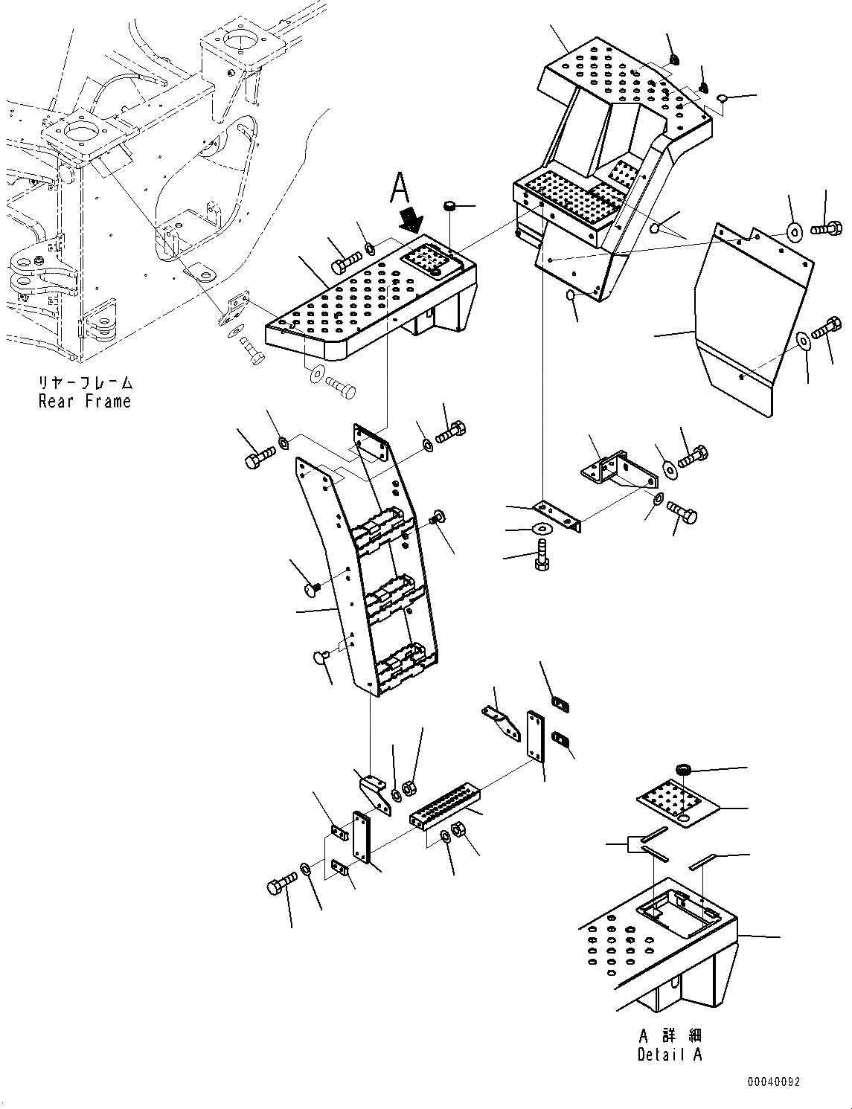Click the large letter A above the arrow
click(x=400, y=189)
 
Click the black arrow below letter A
click(x=410, y=220)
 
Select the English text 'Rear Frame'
click(x=84, y=402)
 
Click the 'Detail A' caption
click(x=669, y=1055)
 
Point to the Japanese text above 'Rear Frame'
click(x=85, y=384)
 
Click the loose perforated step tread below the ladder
click(x=445, y=805)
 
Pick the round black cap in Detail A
click(x=683, y=769)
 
